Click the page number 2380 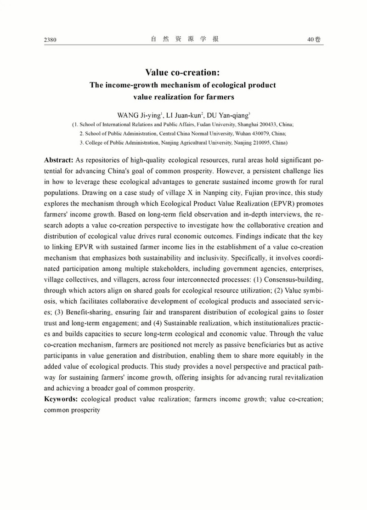coord(50,40)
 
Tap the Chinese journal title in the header coord(184,40)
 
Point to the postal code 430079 coord(255,134)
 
